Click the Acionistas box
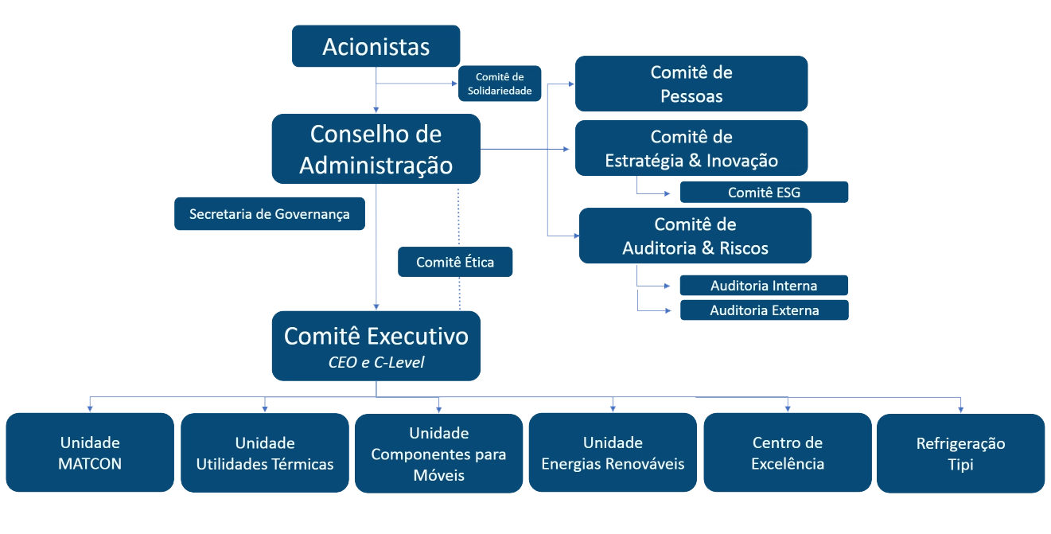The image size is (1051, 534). [376, 47]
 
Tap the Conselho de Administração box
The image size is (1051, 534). [376, 149]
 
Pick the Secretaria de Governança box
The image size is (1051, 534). [270, 214]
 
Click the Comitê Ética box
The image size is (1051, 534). [454, 263]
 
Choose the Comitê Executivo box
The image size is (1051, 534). [376, 345]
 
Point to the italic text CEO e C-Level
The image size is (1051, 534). [376, 363]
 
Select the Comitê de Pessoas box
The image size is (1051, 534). [691, 84]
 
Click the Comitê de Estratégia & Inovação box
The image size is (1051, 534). [691, 149]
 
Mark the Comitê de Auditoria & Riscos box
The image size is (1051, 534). [695, 236]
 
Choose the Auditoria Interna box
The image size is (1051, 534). [763, 286]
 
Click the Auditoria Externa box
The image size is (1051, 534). [763, 310]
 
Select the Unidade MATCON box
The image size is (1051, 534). [90, 453]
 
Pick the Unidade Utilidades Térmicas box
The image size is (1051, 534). [265, 453]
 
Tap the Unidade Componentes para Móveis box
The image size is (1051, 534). [438, 453]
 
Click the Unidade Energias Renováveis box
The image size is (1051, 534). [613, 453]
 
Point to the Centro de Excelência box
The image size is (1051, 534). [787, 453]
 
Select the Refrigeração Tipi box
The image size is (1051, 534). [960, 453]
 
